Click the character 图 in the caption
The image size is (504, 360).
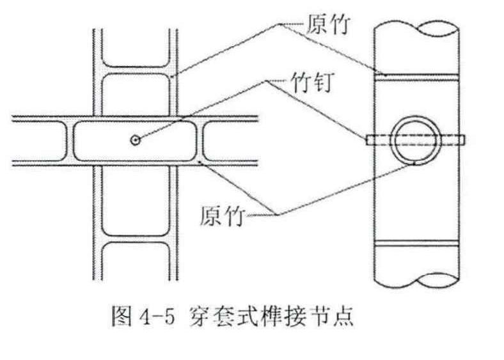tap(120, 317)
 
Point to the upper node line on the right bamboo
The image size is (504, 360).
tap(415, 75)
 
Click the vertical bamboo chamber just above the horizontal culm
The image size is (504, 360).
tap(134, 94)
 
